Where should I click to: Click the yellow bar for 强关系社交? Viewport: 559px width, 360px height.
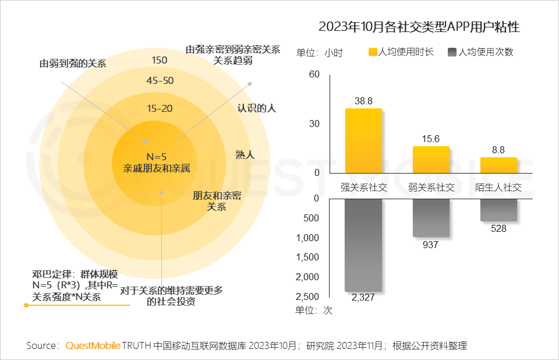(363, 141)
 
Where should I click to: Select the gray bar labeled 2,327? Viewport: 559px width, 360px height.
(363, 245)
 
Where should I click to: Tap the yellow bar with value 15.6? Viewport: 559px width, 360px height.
(431, 160)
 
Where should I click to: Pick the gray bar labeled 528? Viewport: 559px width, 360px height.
(498, 210)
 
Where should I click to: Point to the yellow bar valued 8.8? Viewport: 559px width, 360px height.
(498, 165)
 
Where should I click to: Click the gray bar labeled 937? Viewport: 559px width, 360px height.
(431, 218)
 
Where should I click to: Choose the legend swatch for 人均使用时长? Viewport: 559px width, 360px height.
(373, 52)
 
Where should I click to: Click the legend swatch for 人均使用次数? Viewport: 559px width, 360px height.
(452, 52)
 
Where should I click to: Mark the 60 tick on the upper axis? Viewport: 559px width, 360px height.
(314, 74)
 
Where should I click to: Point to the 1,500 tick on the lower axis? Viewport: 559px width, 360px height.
(308, 257)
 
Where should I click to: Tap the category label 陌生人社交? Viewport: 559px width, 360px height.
(498, 188)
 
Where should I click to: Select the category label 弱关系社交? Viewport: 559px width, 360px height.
(431, 188)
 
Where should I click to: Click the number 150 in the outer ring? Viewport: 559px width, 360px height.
(159, 60)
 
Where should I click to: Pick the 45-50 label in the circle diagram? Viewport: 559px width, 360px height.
(160, 81)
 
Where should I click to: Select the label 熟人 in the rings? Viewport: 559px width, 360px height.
(245, 154)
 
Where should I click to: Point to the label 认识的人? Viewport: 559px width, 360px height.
(256, 108)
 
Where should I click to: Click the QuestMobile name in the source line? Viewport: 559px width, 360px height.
(93, 345)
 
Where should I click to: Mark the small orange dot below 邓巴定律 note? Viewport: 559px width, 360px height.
(26, 305)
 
